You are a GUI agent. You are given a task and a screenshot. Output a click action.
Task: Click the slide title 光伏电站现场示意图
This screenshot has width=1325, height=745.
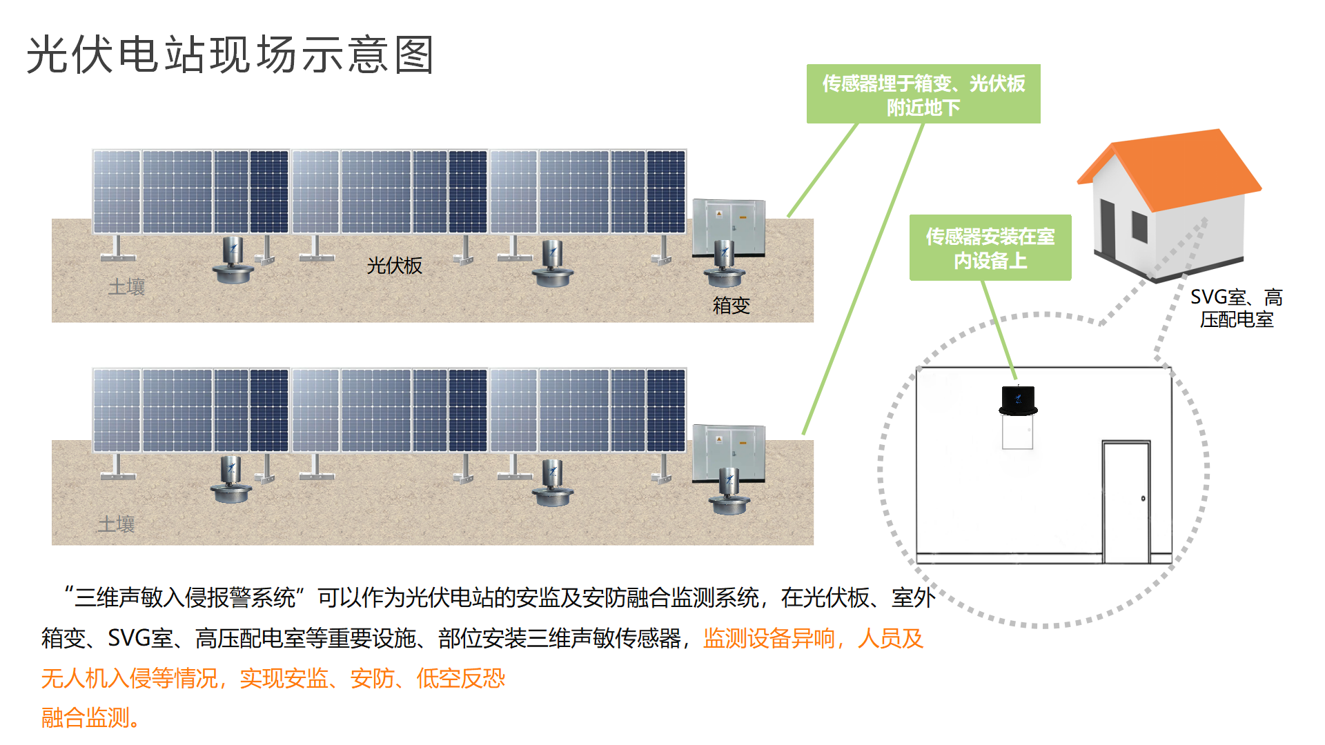(230, 54)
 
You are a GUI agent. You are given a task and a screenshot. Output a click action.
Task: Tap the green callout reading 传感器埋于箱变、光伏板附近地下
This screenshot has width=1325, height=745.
(923, 95)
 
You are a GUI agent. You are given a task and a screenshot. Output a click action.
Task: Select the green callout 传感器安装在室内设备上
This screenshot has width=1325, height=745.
(990, 248)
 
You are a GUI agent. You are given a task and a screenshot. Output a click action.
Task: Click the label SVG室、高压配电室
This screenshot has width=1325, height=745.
(1236, 308)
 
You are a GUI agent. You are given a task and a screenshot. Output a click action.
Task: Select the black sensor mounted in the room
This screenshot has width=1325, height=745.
(1018, 401)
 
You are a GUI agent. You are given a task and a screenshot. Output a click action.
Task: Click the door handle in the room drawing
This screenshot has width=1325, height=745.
(1143, 498)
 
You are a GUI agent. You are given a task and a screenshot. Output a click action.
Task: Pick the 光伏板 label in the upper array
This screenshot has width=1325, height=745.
(394, 266)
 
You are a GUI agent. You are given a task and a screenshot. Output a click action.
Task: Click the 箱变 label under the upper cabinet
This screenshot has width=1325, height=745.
(731, 305)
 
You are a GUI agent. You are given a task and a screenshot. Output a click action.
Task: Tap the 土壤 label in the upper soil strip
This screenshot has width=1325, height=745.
(126, 287)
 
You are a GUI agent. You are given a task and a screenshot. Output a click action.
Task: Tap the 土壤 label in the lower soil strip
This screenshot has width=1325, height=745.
(116, 524)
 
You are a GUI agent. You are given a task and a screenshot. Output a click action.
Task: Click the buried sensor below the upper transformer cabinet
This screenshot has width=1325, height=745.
(724, 265)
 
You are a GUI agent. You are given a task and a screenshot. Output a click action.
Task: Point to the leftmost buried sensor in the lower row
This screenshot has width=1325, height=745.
(231, 479)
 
